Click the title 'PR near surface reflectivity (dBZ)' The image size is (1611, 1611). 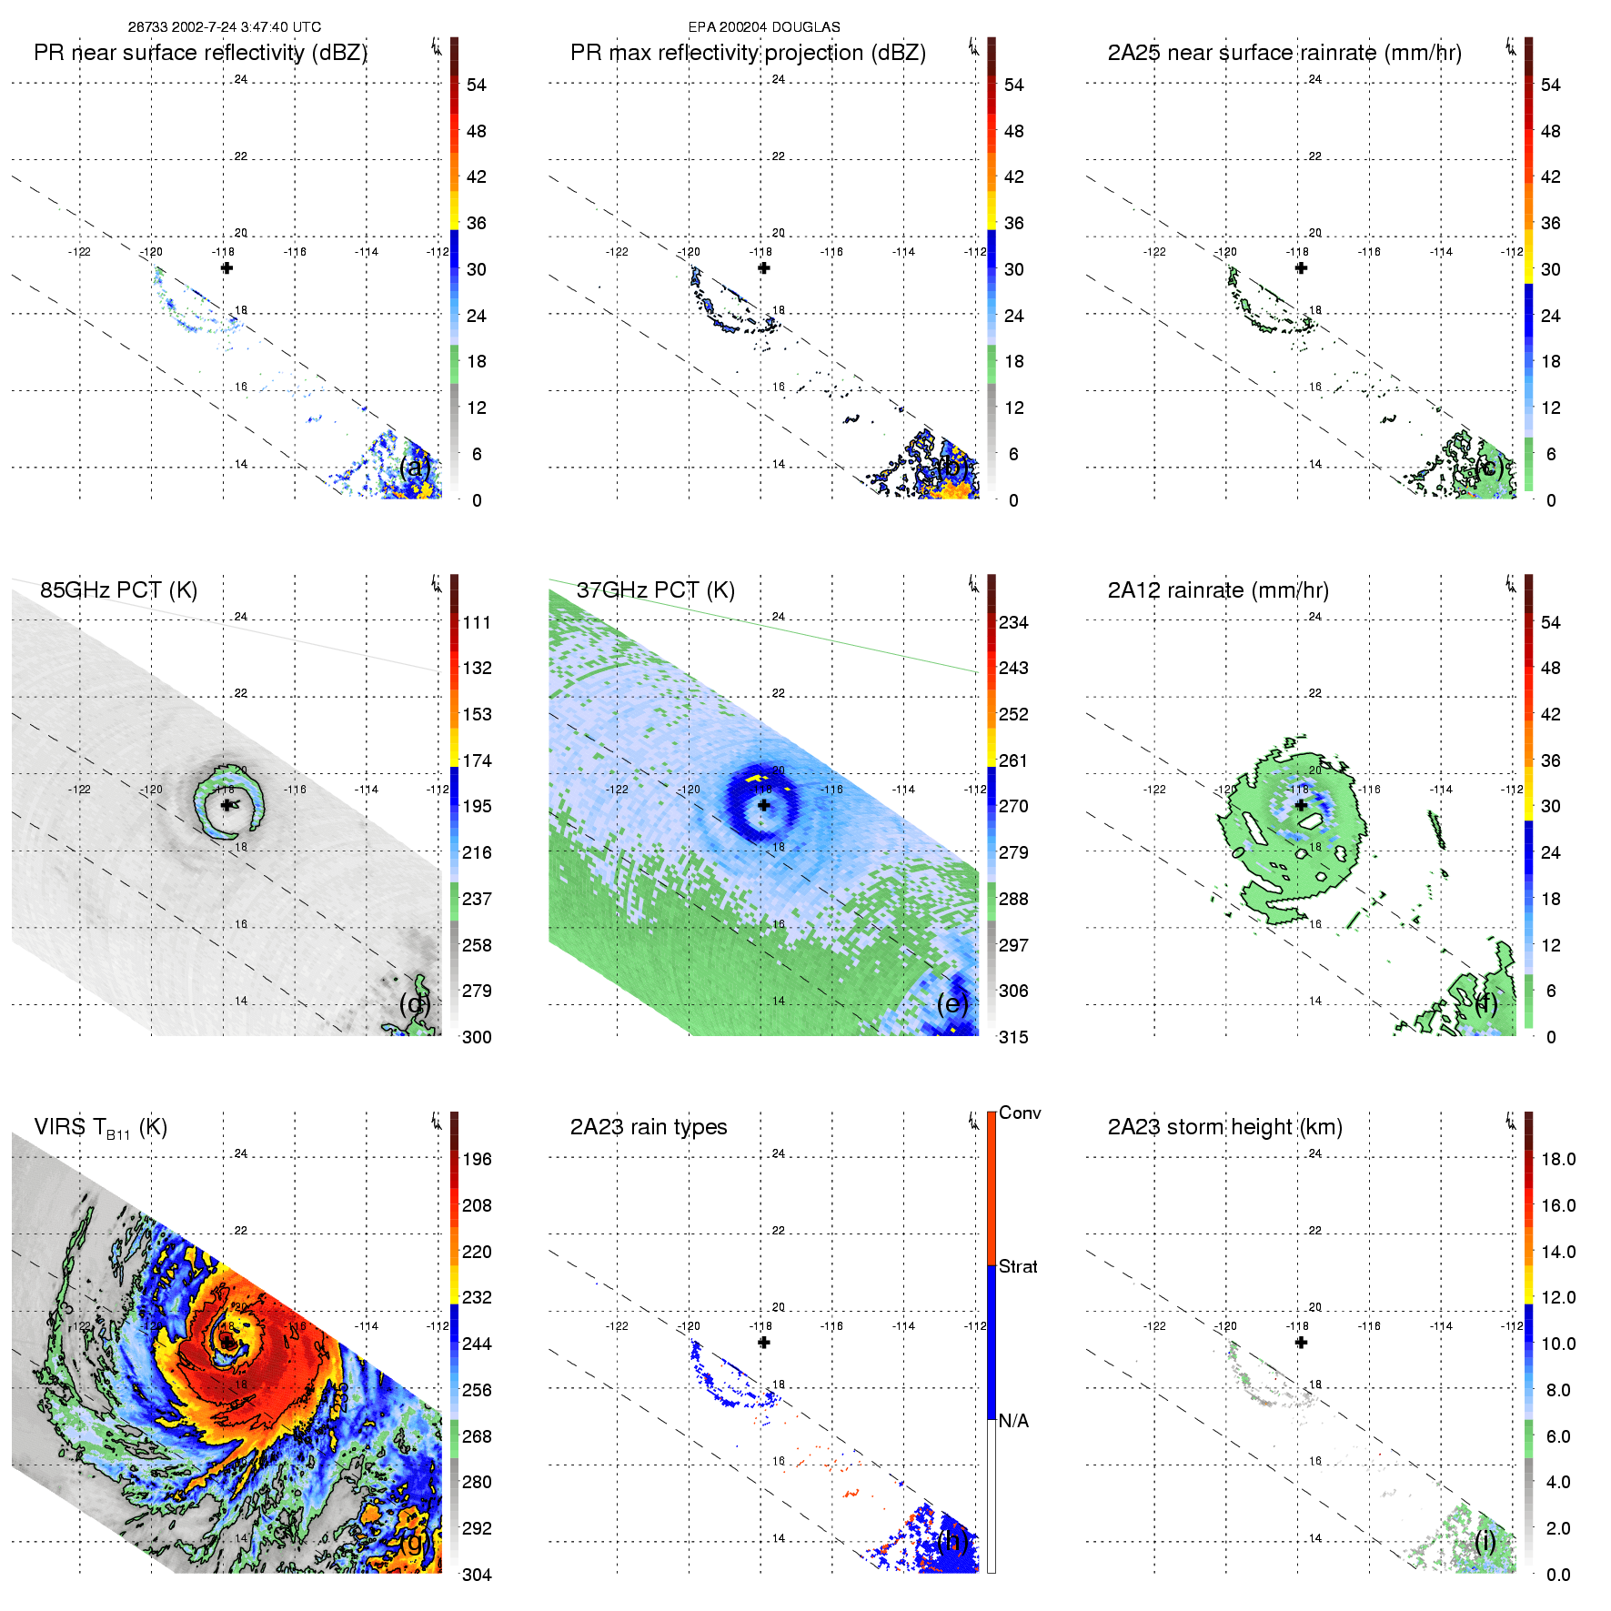pos(200,53)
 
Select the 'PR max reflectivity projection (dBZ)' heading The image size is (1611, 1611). pos(748,53)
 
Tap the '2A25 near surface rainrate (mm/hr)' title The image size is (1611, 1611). pos(1284,53)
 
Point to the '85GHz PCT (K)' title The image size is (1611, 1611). pos(118,590)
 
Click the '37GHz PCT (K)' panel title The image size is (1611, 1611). pos(655,590)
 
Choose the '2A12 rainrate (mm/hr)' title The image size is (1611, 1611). pos(1218,590)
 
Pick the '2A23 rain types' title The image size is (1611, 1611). pos(649,1127)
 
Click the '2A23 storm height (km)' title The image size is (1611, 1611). pos(1224,1127)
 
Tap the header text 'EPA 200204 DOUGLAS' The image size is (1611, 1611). pos(764,27)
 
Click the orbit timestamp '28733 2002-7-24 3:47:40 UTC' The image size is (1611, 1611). pos(225,27)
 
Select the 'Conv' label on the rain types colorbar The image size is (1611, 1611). pos(1020,1113)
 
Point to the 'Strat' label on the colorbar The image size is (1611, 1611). pos(1018,1267)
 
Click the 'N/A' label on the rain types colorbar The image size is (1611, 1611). pos(1013,1421)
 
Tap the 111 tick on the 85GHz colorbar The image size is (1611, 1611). pos(477,623)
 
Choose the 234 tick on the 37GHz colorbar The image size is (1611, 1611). pos(1013,623)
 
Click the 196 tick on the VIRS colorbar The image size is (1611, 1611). pos(477,1160)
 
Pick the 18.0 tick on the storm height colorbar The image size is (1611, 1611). pos(1557,1160)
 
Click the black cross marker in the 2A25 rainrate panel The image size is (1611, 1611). pos(1301,268)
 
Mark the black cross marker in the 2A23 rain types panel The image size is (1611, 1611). pos(764,1343)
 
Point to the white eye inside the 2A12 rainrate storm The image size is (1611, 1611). pos(1311,821)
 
